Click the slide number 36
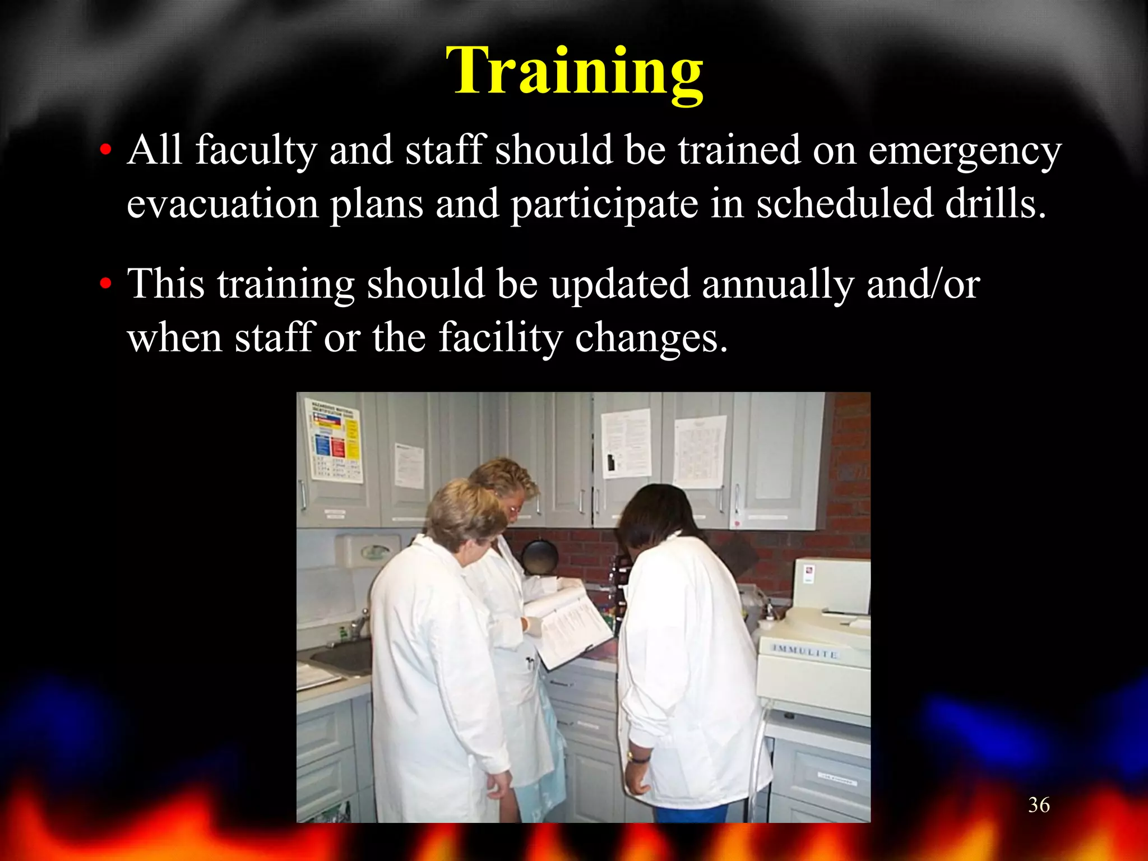[x=1039, y=806]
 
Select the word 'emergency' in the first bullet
[x=964, y=151]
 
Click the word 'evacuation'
[x=222, y=204]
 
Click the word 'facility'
[x=500, y=339]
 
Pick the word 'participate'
[x=604, y=205]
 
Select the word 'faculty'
[x=256, y=151]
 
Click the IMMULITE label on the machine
[x=804, y=652]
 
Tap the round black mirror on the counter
[x=539, y=557]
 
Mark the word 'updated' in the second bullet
[x=619, y=285]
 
